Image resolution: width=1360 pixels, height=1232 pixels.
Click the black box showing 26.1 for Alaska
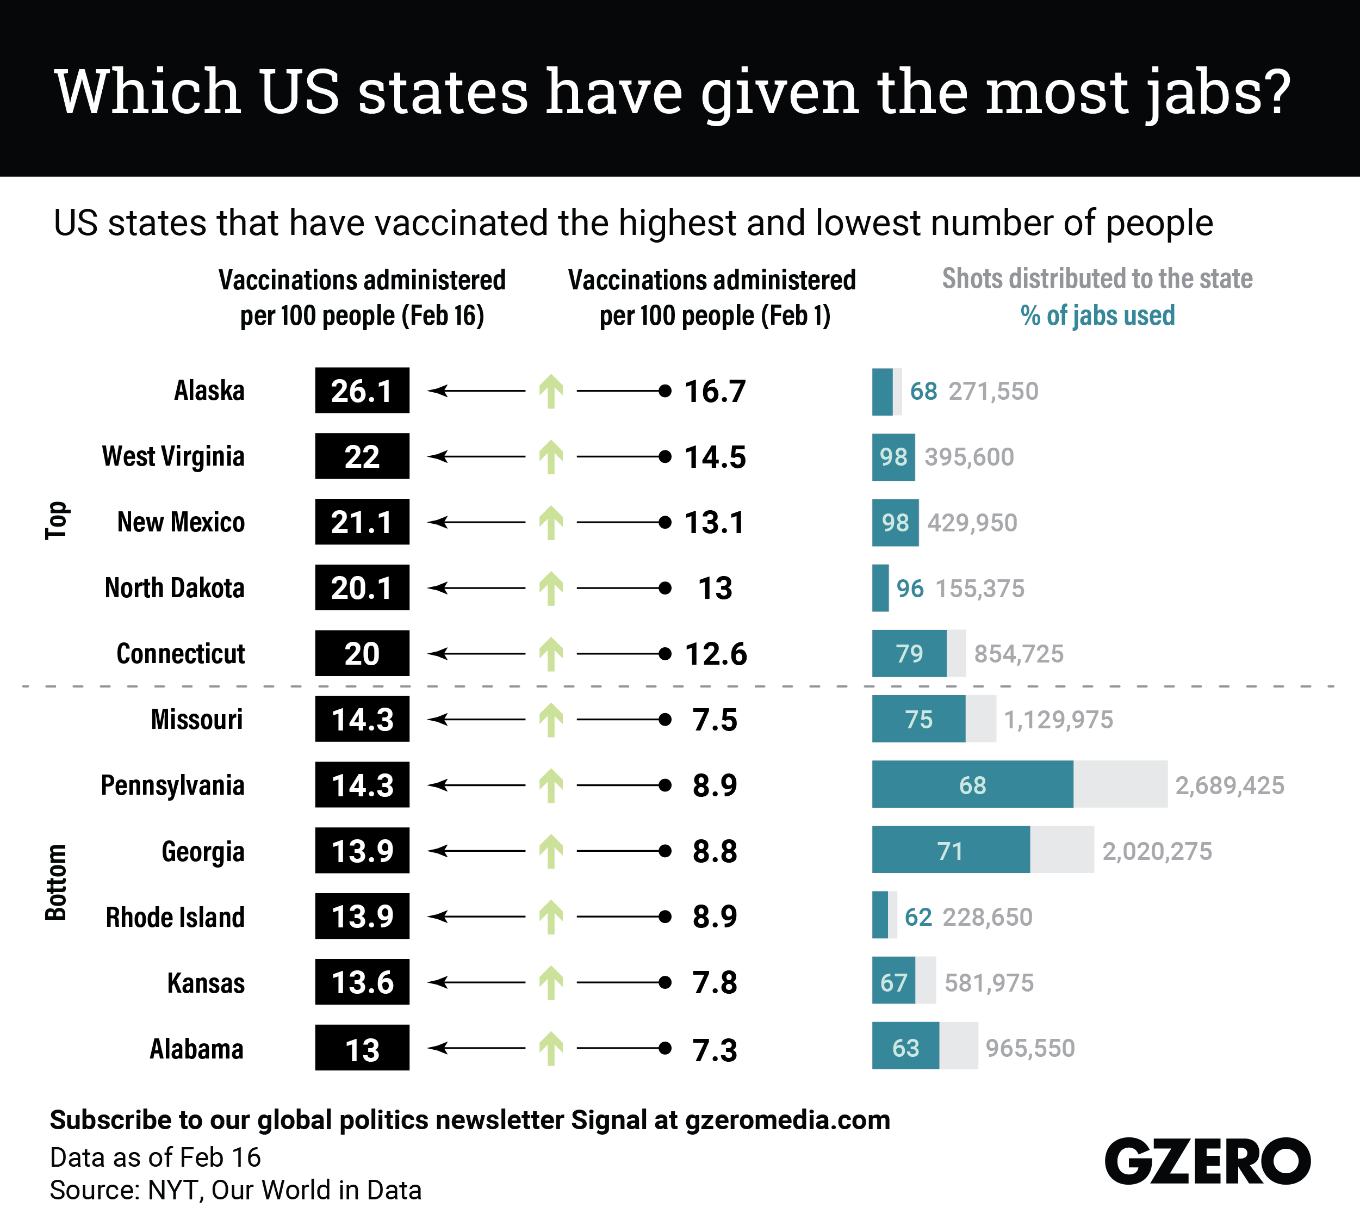pos(362,391)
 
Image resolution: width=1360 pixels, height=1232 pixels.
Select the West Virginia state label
pos(173,457)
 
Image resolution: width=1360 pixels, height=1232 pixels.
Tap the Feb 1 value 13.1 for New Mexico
pos(715,522)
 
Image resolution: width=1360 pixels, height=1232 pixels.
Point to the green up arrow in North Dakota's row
pos(551,589)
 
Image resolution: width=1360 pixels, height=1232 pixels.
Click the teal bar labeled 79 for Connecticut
pos(909,653)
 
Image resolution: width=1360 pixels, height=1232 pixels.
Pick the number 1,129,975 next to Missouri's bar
pos(1058,719)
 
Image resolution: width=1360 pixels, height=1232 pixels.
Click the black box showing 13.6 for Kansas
pos(362,982)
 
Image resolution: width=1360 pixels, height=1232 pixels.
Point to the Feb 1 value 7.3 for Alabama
pos(715,1050)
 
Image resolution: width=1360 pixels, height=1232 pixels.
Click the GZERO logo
pos(1206,1162)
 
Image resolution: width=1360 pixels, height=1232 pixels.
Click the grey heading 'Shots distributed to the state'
pos(1097,278)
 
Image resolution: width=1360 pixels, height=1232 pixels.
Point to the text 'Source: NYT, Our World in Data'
pos(235,1190)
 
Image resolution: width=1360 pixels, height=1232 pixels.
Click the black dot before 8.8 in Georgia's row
pos(665,851)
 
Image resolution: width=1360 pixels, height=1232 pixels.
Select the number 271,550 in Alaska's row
pos(993,391)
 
